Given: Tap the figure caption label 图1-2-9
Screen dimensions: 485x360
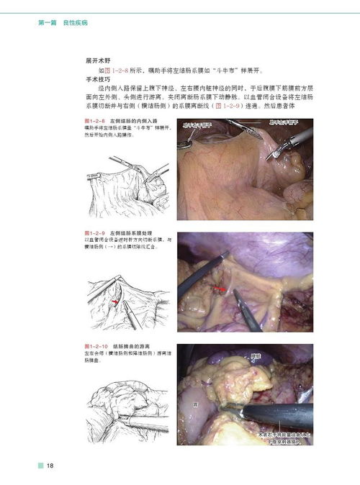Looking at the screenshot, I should (96, 235).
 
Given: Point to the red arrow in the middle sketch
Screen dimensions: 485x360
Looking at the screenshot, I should (112, 304).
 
